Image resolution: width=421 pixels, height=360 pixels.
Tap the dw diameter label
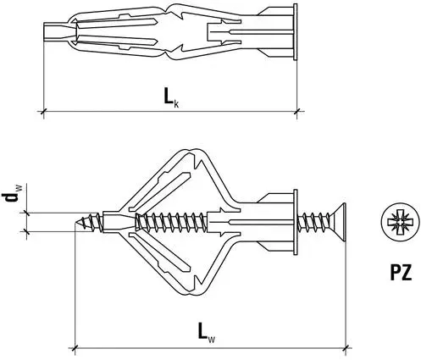pos(11,200)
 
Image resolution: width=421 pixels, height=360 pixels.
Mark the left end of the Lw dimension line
pos(76,346)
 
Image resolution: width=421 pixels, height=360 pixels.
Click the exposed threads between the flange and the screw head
pos(313,222)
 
